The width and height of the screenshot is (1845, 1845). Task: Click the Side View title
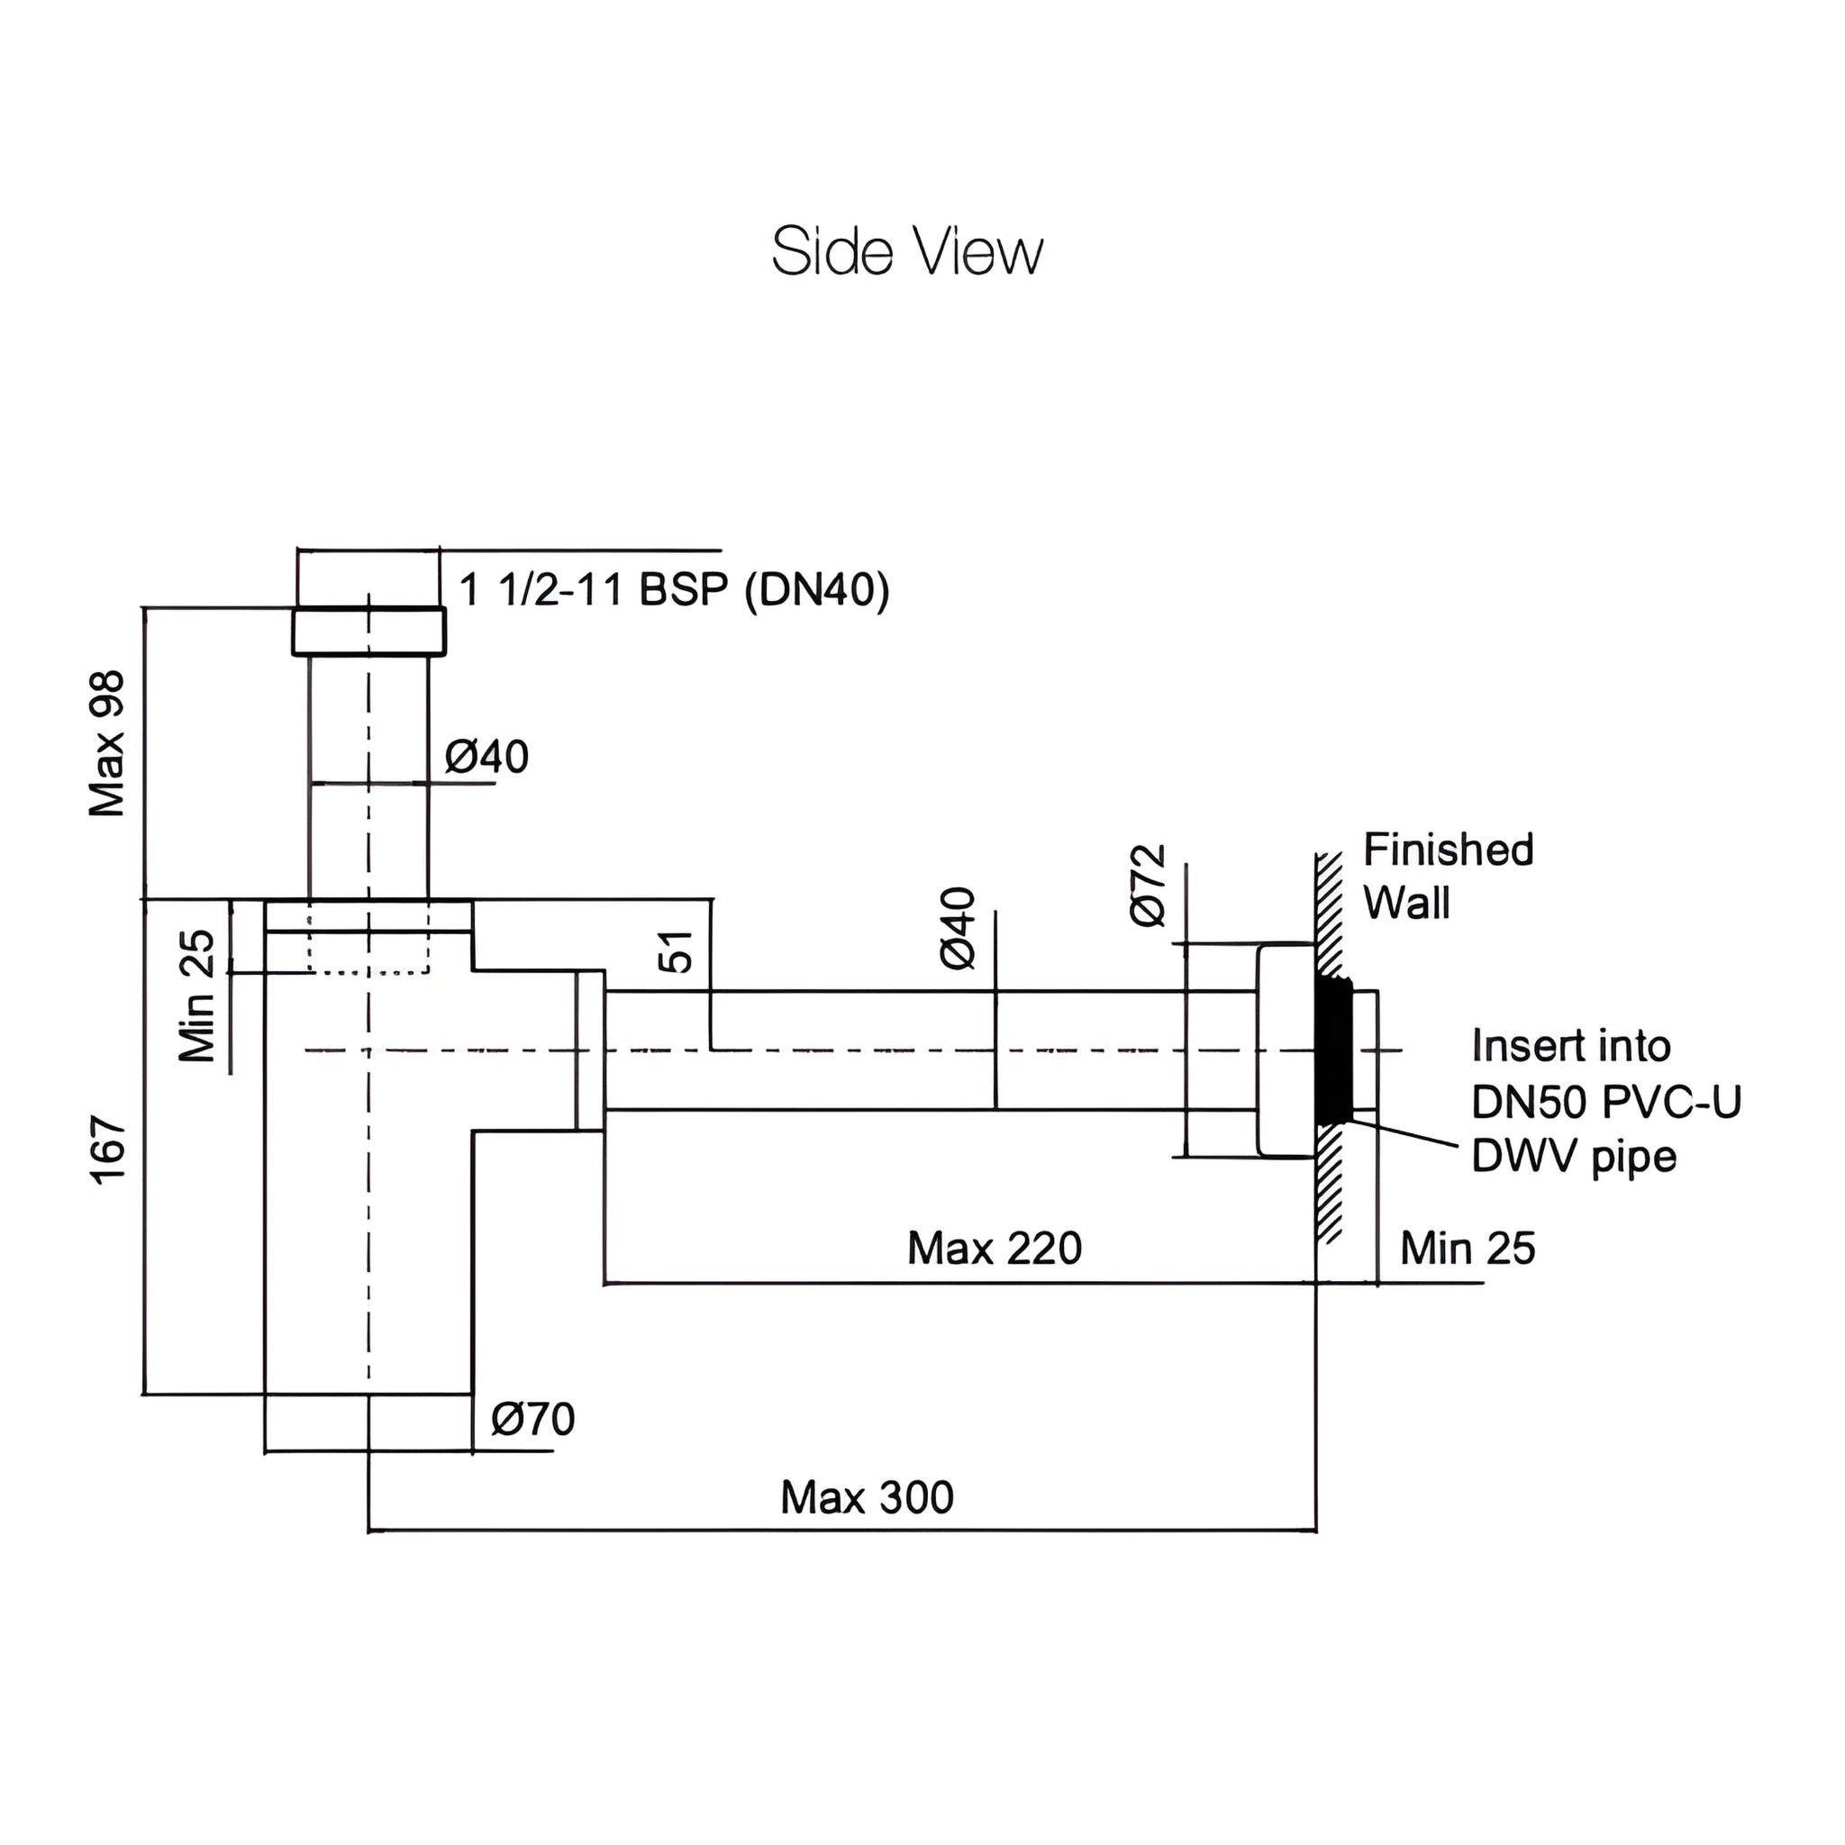point(906,252)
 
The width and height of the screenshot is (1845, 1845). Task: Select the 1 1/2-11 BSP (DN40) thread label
point(674,589)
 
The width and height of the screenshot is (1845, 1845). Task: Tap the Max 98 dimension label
point(108,744)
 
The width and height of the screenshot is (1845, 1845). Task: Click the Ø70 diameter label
point(533,1419)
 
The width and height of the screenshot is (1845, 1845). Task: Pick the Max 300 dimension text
point(866,1497)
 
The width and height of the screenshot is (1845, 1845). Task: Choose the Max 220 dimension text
point(995,1248)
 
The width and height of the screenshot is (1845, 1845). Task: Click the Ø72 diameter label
point(1149,886)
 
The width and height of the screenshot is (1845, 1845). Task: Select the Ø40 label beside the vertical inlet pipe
point(487,758)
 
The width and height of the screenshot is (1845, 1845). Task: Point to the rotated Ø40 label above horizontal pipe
point(959,928)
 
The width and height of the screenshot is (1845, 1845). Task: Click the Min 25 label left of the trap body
point(198,997)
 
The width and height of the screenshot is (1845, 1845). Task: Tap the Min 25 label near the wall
point(1468,1248)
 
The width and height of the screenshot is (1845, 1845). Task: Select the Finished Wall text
point(1447,876)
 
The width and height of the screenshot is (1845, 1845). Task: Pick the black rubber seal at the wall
point(1332,1050)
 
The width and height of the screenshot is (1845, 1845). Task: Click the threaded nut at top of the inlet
point(368,632)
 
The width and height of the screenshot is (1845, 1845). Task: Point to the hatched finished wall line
point(1329,1194)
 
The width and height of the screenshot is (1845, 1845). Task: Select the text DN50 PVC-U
point(1606,1102)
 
